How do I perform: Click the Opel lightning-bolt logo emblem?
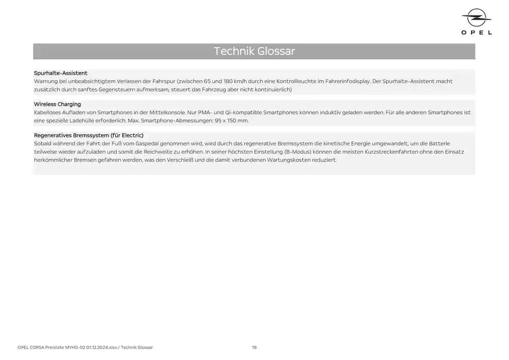click(x=477, y=19)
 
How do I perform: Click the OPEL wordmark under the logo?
click(x=477, y=32)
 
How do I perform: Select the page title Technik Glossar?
click(x=254, y=51)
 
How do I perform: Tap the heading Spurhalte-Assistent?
click(x=61, y=73)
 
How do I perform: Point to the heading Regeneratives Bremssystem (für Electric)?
click(x=88, y=135)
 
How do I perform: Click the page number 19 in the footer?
click(x=254, y=348)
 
